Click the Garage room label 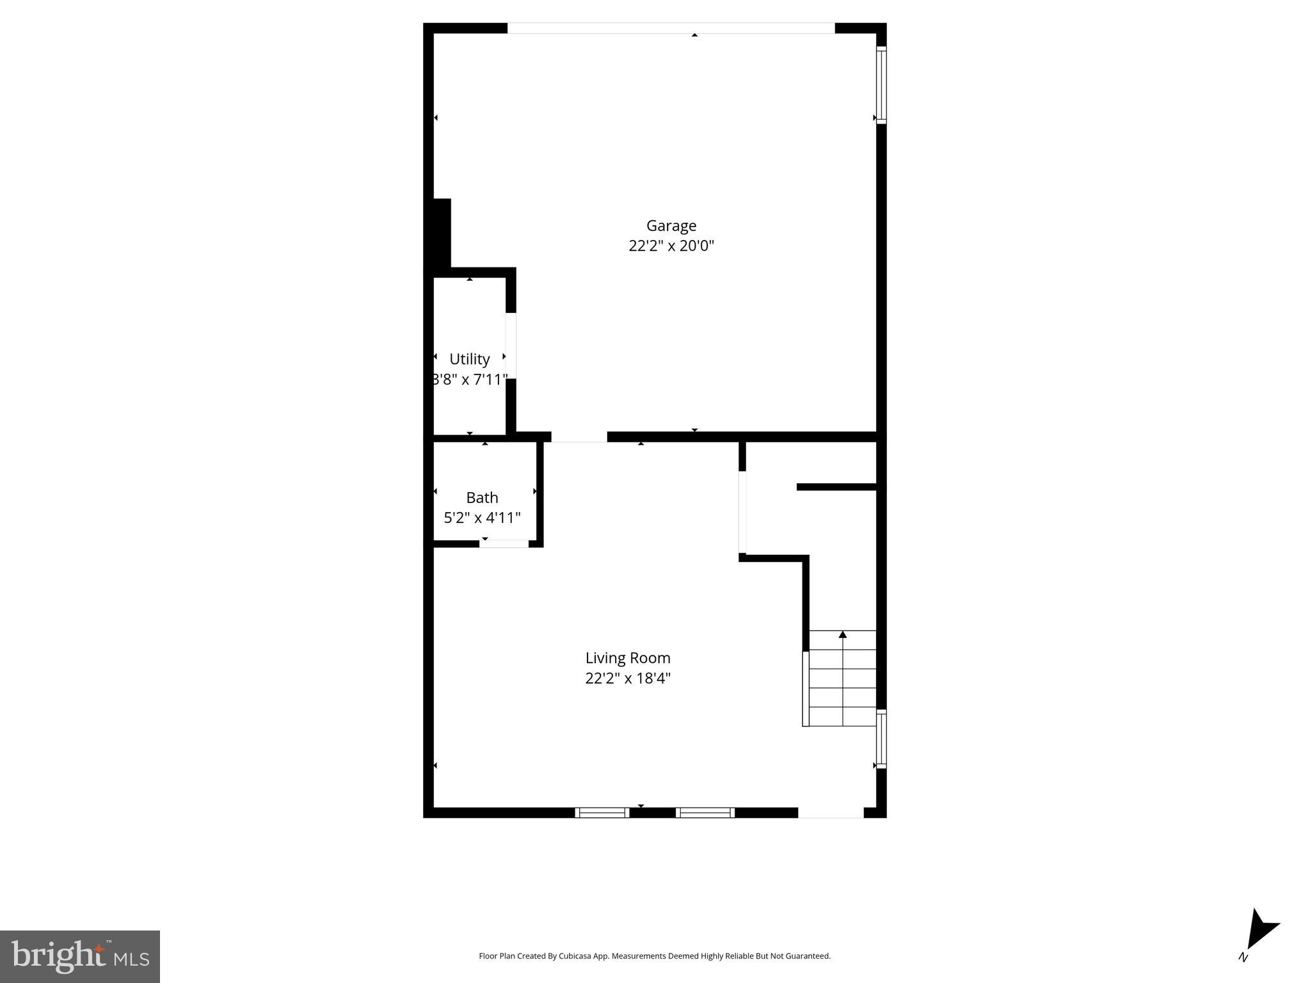click(x=671, y=225)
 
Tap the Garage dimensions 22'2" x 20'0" click(x=671, y=246)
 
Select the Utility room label click(x=469, y=359)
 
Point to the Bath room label click(x=482, y=497)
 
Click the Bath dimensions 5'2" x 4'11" click(x=482, y=518)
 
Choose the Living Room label click(x=628, y=658)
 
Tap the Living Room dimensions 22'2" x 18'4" click(x=628, y=678)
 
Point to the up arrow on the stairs click(x=843, y=635)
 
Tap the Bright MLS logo click(x=80, y=956)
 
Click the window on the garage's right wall click(x=881, y=84)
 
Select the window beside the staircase click(x=881, y=739)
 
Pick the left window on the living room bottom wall click(x=602, y=813)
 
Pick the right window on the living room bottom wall click(x=705, y=813)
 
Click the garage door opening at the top click(x=671, y=28)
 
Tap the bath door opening click(x=504, y=544)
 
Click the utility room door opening click(x=511, y=346)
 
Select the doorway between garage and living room click(x=579, y=437)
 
